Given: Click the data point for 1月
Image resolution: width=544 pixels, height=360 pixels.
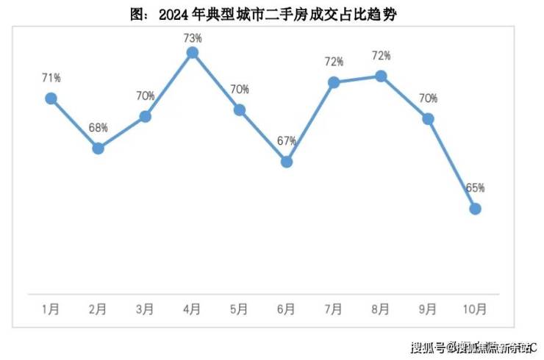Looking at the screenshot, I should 51,98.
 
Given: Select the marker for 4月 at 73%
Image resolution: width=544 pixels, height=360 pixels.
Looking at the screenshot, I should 193,53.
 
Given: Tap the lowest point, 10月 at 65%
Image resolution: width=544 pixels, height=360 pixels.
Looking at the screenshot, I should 475,209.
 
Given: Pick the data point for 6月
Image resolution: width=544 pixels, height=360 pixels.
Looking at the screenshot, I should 287,162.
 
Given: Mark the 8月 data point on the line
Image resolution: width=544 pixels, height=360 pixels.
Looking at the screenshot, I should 381,76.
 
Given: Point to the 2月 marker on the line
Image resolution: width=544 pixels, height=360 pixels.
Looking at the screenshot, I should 98,148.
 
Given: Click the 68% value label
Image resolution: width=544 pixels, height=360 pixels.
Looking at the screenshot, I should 99,128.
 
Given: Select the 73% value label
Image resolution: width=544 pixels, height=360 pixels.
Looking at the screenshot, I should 193,33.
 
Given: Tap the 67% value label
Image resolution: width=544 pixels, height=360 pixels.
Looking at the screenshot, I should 287,141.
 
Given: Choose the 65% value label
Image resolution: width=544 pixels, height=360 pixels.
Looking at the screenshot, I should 475,188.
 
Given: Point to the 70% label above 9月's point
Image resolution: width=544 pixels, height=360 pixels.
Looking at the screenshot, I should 428,98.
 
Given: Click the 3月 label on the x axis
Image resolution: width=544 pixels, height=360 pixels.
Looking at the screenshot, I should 145,309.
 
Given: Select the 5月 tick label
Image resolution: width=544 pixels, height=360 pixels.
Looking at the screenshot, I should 239,309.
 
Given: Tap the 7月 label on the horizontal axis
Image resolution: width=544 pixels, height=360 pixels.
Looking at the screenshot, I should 333,309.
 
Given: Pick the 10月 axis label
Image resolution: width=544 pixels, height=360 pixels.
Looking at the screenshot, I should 475,309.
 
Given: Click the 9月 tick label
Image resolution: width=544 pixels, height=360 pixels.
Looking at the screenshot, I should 428,309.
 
